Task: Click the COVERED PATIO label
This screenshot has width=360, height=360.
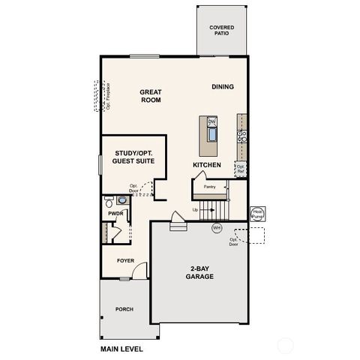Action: (x=221, y=31)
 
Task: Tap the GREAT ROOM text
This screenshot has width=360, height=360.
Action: (x=151, y=96)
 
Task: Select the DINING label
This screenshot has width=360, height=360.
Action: (x=222, y=87)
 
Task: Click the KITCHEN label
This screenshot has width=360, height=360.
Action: (x=206, y=164)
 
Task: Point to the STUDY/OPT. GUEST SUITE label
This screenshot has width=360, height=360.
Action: (x=133, y=156)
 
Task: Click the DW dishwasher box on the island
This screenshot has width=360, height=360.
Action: (x=211, y=121)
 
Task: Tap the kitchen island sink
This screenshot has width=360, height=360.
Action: (x=211, y=135)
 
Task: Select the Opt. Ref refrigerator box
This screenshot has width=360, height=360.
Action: (x=241, y=169)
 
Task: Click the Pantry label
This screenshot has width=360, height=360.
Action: (x=209, y=186)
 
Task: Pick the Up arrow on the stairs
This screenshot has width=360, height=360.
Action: (x=196, y=209)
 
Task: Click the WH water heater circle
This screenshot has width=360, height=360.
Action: (x=217, y=228)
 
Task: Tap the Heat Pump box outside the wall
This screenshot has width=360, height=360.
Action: (x=257, y=214)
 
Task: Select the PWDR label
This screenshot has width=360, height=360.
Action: (x=115, y=213)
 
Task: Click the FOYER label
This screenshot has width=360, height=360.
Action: (x=124, y=260)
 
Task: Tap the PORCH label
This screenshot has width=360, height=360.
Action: (x=124, y=309)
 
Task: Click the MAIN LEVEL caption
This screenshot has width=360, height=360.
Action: (x=121, y=349)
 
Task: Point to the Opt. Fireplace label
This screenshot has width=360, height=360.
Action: (x=108, y=96)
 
